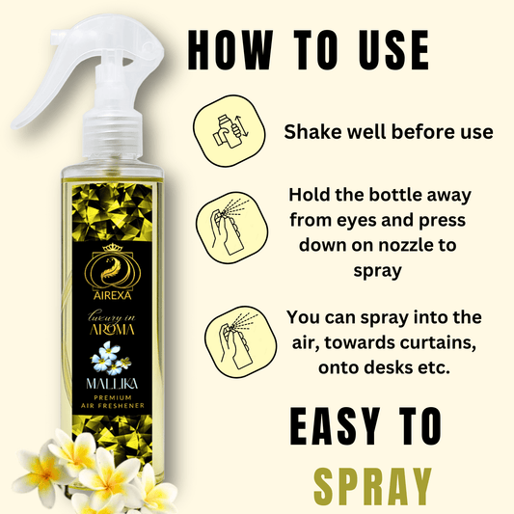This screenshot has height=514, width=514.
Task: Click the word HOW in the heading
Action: tap(230, 49)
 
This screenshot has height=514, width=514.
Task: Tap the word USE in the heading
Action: tap(387, 49)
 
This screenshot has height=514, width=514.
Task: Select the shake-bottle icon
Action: tap(230, 131)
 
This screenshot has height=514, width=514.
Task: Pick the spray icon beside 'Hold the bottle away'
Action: tap(231, 228)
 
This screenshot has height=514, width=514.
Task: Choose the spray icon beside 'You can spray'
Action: tap(240, 342)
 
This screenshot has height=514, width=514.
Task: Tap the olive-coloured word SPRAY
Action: tap(372, 487)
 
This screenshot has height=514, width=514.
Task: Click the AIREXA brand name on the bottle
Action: tap(113, 296)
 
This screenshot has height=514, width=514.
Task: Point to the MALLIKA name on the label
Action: tap(112, 384)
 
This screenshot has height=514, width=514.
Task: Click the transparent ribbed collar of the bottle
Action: tap(112, 135)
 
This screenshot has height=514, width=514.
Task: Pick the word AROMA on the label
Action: tap(112, 330)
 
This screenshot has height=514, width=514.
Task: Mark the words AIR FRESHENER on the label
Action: tap(113, 405)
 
